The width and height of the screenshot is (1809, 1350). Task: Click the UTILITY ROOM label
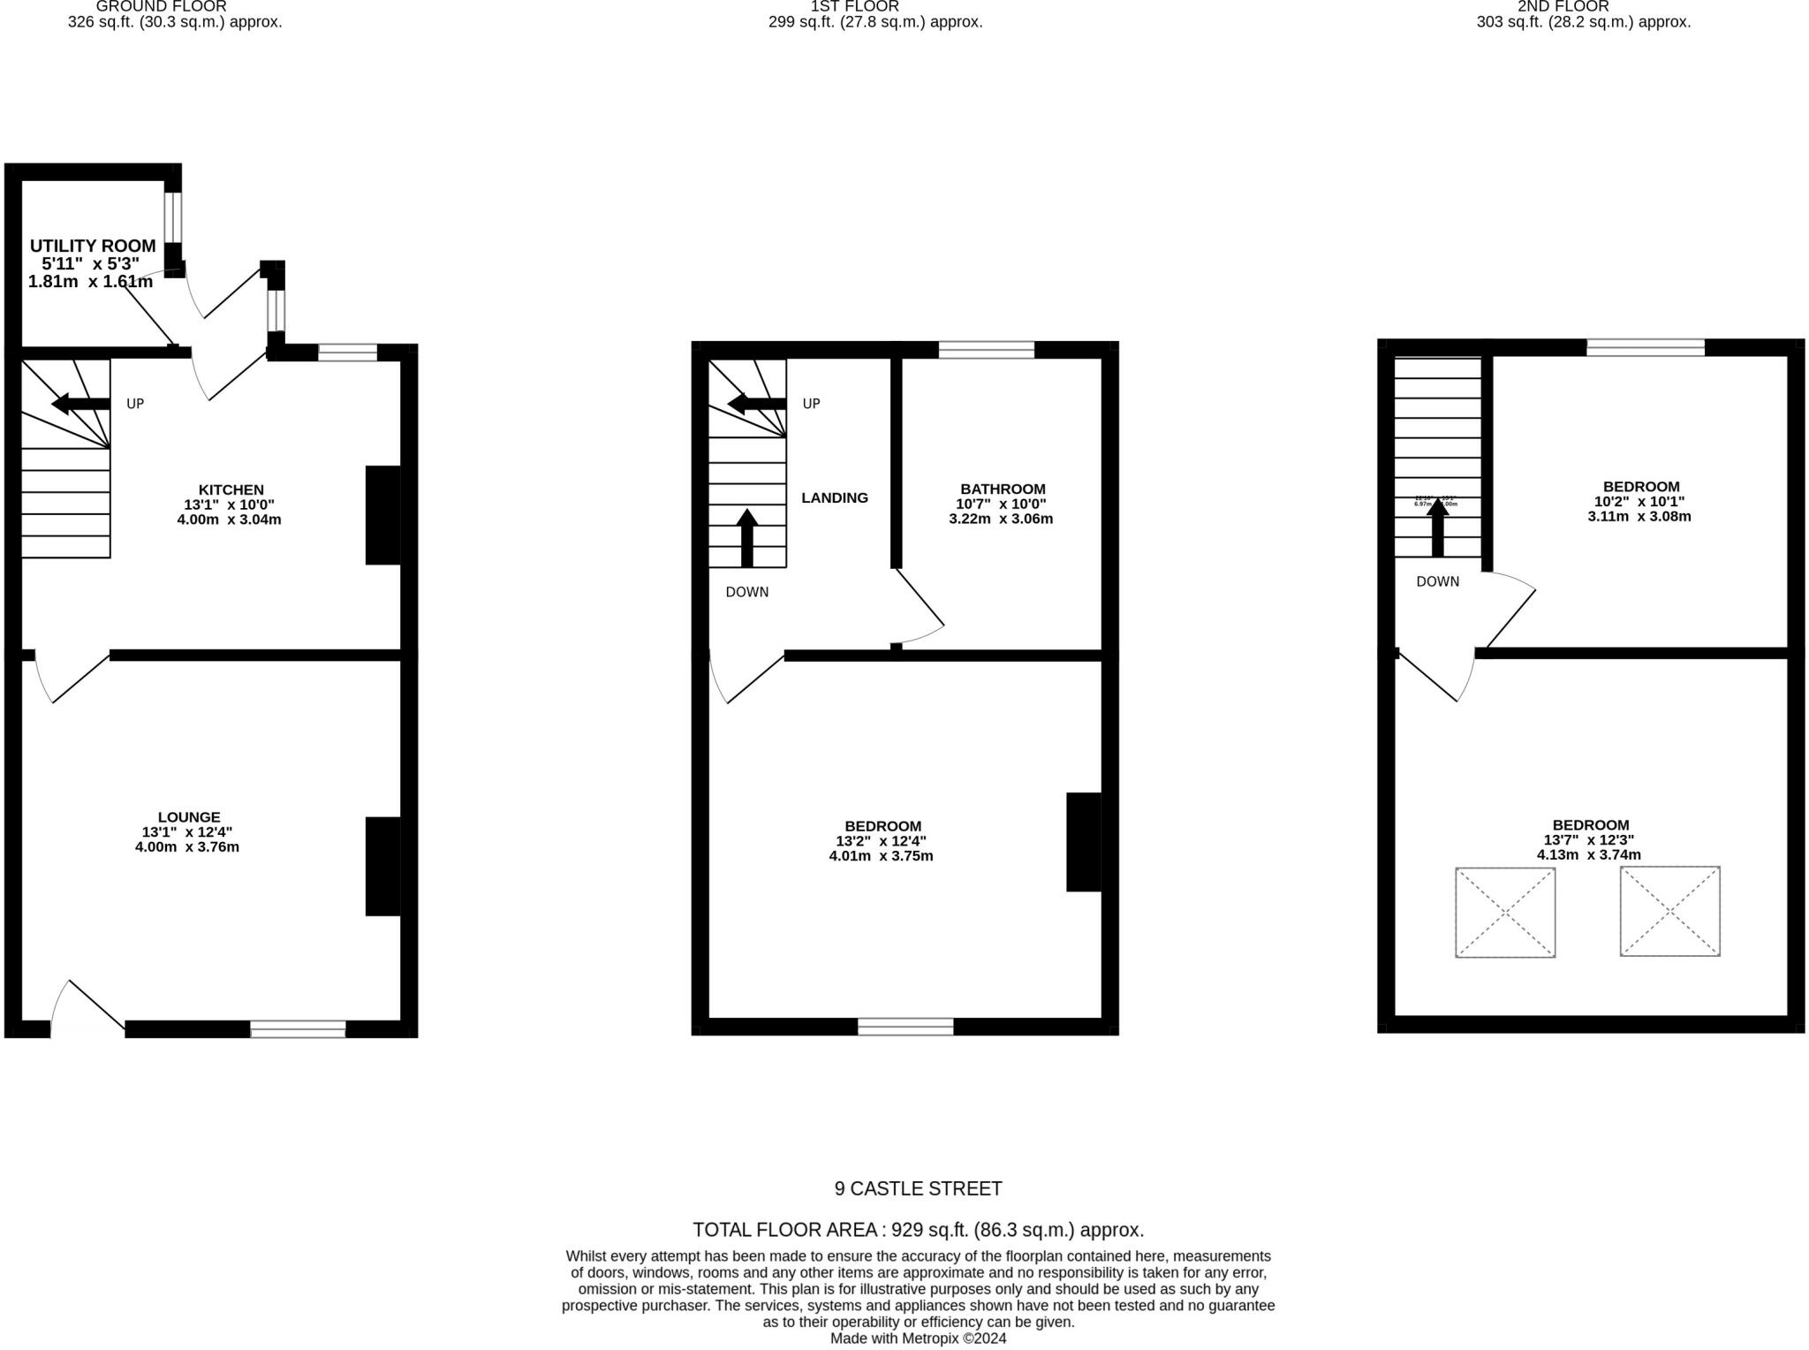tap(93, 246)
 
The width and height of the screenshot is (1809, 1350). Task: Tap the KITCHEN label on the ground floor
tap(231, 489)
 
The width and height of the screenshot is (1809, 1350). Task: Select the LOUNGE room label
tap(189, 817)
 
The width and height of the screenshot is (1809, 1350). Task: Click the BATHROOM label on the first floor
tap(1003, 489)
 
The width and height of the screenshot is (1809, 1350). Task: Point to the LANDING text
tap(835, 497)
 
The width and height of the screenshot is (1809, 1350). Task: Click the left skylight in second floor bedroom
tap(1505, 912)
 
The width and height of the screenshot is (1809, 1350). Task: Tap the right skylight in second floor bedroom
tap(1669, 911)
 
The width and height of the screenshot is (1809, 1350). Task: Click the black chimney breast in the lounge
tap(383, 866)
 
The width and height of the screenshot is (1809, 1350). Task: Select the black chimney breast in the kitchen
tap(383, 515)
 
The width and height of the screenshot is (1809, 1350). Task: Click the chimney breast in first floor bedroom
tap(1084, 842)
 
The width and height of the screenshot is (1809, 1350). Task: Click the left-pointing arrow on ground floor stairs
tap(80, 404)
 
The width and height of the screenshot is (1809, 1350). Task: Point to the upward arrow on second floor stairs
tap(1438, 527)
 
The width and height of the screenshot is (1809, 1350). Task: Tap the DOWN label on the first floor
tap(747, 592)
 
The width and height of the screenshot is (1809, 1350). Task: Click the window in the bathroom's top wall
tap(986, 350)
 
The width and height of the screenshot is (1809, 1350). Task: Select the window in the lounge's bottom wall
tap(298, 1028)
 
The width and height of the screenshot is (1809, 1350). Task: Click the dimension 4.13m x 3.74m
tap(1588, 854)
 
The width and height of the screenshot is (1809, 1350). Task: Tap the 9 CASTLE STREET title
tap(918, 1188)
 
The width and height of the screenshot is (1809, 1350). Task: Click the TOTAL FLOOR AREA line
tap(918, 1229)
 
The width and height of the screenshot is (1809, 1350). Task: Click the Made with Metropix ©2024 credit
tap(918, 1338)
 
